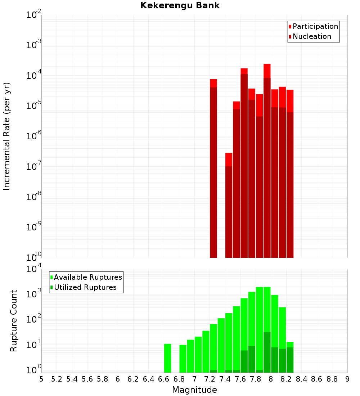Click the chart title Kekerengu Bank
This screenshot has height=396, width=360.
pos(180,5)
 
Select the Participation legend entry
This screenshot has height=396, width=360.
pos(315,26)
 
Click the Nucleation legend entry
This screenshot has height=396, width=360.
pos(312,36)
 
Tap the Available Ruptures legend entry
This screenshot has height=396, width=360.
pos(87,277)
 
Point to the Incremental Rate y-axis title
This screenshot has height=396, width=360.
pos(7,136)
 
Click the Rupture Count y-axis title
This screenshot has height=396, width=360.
pos(14,320)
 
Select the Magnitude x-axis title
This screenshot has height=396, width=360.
pos(194,390)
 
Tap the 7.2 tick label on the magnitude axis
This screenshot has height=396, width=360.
pos(210,379)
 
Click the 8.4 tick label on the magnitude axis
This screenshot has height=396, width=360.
pos(301,379)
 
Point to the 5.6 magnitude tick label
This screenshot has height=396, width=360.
pos(87,379)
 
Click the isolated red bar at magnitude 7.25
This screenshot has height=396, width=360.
pos(213,169)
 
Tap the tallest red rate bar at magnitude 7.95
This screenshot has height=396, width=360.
pos(267,162)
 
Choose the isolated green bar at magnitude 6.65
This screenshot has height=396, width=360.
pos(167,358)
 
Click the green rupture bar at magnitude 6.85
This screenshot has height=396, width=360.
pos(183,359)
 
